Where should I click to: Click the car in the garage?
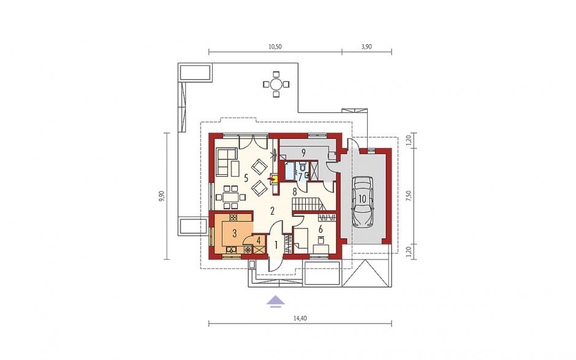tap(362, 202)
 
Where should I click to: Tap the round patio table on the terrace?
tap(276, 85)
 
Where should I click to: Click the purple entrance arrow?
tap(276, 301)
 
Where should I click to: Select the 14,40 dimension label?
tap(300, 318)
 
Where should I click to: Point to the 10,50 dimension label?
tap(275, 47)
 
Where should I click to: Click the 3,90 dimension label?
tap(366, 47)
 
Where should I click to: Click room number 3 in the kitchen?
tap(234, 232)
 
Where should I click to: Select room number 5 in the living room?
tap(246, 178)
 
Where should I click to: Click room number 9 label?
tap(303, 151)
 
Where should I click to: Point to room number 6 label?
tap(320, 229)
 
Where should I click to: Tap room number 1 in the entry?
tap(276, 243)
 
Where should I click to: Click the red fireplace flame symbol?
tap(272, 179)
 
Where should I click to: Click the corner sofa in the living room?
tap(227, 161)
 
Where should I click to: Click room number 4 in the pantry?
tap(259, 241)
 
